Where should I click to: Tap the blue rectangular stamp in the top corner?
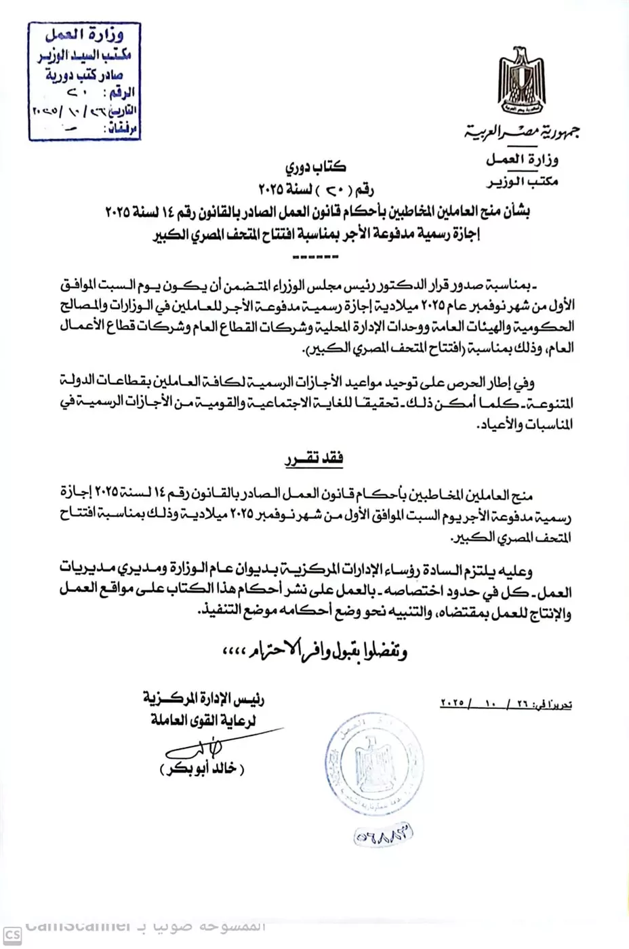tap(84, 81)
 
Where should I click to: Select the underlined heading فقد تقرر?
tap(314, 460)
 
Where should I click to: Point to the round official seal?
tap(375, 765)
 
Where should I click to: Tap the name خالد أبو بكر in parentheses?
tap(202, 769)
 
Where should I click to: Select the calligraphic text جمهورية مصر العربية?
tap(522, 132)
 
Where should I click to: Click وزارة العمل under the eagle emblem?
tap(522, 160)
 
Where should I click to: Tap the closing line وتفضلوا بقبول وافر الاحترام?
tap(315, 651)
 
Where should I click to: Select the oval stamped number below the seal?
tap(383, 835)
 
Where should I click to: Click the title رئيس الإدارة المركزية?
tap(203, 697)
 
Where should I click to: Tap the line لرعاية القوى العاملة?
tap(203, 721)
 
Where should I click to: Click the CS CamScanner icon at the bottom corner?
tap(12, 936)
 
